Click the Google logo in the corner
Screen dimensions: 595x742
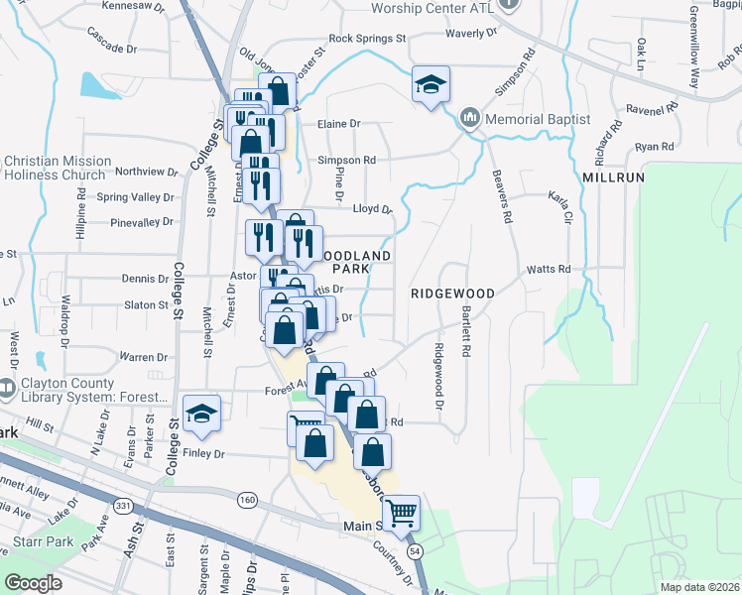(x=33, y=583)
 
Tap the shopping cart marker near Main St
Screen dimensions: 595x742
(x=401, y=513)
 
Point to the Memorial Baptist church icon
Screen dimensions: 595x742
(x=470, y=119)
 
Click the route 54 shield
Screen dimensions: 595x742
(x=414, y=548)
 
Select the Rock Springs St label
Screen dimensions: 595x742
(x=367, y=39)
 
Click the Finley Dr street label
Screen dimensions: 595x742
(x=205, y=454)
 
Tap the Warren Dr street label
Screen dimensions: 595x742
(x=143, y=357)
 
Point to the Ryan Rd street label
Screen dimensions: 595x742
(x=654, y=147)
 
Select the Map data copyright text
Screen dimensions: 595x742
(x=700, y=587)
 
